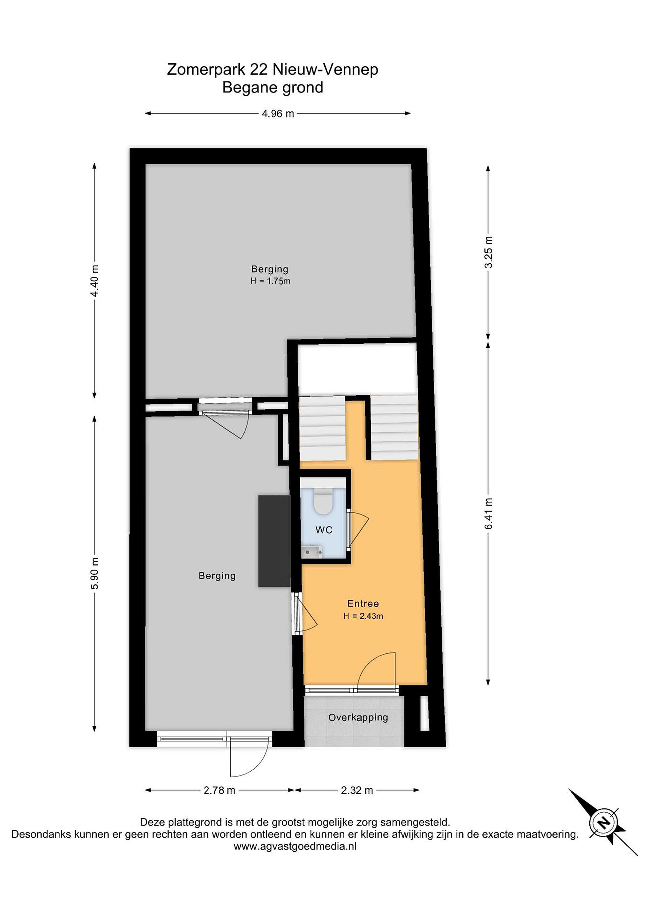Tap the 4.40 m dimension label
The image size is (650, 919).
(94, 281)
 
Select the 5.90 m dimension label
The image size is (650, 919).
(94, 573)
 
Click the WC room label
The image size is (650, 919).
(324, 530)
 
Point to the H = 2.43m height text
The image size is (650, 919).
(363, 616)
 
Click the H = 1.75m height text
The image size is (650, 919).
(270, 281)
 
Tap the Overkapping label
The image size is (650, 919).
(358, 718)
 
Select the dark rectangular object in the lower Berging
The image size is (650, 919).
(274, 541)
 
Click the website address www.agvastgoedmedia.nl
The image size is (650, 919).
(295, 847)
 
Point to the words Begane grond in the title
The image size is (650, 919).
(273, 87)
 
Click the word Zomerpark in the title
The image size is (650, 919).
(206, 70)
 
